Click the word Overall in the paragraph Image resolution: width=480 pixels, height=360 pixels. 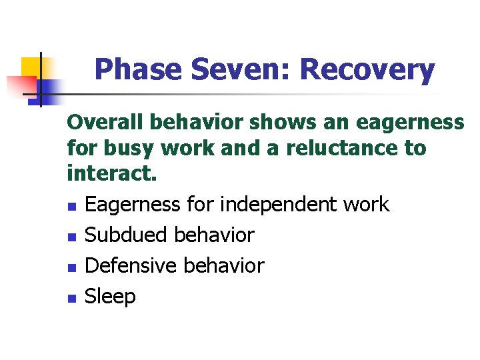point(106,123)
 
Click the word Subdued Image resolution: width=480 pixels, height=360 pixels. point(127,235)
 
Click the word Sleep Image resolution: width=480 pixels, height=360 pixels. point(110,297)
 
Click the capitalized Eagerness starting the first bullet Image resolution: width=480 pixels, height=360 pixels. point(133,204)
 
